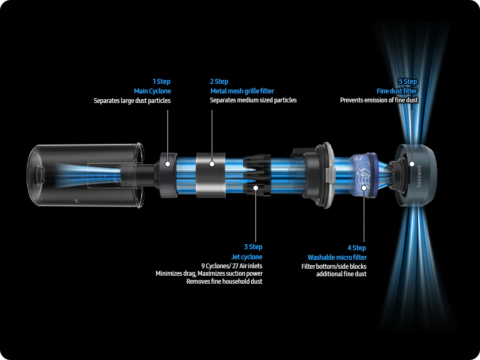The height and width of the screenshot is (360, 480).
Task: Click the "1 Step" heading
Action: pos(161,82)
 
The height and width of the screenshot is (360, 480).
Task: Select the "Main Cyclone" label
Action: pos(153,91)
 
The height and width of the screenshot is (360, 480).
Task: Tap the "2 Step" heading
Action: pos(219,82)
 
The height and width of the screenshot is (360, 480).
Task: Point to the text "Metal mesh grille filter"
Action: pos(242,91)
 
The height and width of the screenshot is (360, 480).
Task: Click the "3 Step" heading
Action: pos(253,247)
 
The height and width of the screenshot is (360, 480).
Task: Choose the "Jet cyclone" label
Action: pos(247,257)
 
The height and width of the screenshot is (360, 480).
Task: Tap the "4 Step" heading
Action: pos(357,247)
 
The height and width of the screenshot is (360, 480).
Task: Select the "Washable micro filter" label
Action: pos(337,258)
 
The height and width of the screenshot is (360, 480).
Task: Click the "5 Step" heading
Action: pos(408,82)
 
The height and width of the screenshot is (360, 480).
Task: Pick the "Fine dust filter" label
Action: pos(397,91)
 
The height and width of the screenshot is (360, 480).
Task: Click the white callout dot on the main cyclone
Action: pos(168,164)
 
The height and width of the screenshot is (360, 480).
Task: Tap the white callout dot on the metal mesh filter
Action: pos(212,164)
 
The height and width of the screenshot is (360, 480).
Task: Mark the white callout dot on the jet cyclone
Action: pos(255,188)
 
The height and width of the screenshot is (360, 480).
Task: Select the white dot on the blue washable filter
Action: pos(364,188)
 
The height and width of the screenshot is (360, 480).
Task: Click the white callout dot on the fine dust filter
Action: pos(412,164)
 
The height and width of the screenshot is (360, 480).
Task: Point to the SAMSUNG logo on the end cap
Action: pos(419,176)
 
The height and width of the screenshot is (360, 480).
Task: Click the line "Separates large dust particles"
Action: pos(132,101)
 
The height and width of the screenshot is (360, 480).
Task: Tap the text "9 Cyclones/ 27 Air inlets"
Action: pos(232,266)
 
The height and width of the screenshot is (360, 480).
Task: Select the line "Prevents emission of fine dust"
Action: pos(379,100)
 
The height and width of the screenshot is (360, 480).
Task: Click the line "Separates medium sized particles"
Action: pos(253,100)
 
